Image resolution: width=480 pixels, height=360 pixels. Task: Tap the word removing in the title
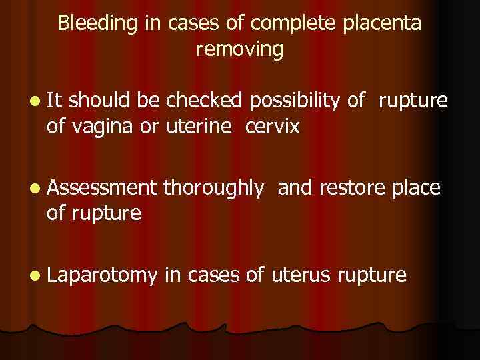[240, 49]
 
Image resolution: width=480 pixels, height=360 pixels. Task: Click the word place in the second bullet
[417, 189]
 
